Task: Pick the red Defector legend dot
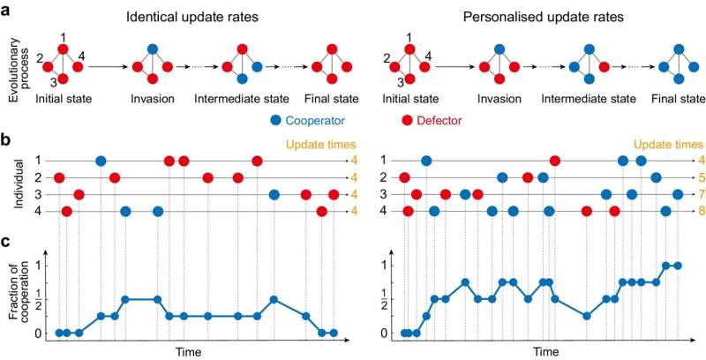click(x=407, y=118)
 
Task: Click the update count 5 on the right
click(x=700, y=177)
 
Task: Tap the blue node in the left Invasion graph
click(x=153, y=50)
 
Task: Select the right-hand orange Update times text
click(x=667, y=144)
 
